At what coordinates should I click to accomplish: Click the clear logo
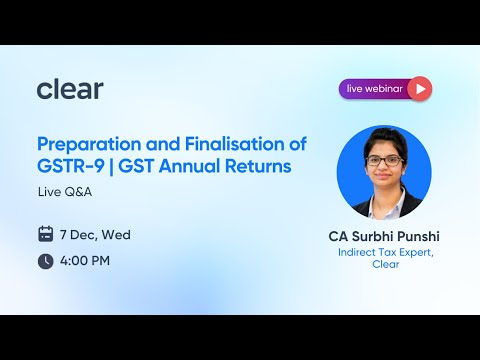70,89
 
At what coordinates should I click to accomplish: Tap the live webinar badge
385,89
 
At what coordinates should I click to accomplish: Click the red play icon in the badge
420,89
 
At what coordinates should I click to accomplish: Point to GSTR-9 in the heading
70,166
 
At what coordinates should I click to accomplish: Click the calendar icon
46,235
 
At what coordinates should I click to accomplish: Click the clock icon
46,261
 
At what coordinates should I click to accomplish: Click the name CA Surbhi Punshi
384,237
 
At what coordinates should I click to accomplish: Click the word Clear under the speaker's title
384,267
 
